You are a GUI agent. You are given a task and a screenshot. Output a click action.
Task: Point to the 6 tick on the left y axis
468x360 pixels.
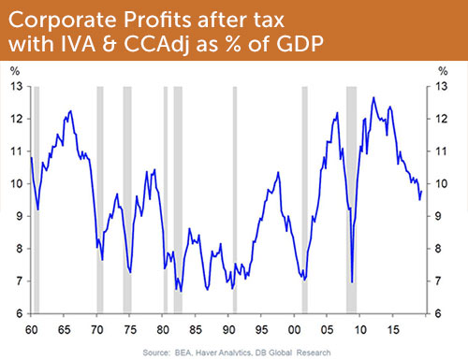coord(19,314)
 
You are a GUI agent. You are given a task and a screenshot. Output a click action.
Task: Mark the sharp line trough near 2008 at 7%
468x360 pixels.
coord(352,281)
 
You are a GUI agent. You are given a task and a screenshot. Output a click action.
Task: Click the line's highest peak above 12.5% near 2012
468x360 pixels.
coord(373,97)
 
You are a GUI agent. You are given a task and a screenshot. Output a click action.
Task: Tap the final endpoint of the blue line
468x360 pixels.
coord(421,191)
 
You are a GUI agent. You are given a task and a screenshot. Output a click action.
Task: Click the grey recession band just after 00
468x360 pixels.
coord(304,200)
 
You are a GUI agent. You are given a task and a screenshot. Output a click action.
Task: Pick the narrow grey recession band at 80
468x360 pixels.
coord(164,200)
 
